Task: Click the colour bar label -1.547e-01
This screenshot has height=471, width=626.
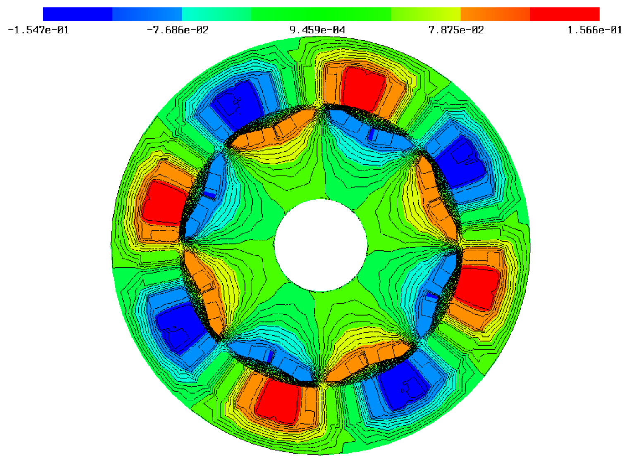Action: (38, 30)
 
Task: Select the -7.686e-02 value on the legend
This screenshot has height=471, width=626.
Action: (178, 30)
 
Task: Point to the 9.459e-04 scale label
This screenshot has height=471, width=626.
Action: (317, 30)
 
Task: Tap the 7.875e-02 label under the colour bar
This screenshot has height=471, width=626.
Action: (456, 30)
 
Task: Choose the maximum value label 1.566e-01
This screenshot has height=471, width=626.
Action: (595, 30)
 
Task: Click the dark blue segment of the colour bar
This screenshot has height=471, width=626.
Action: (78, 14)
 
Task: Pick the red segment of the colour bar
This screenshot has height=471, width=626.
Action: (564, 14)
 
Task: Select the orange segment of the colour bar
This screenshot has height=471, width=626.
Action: (495, 14)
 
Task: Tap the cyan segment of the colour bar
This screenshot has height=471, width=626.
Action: (217, 14)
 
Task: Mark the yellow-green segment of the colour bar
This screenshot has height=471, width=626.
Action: (425, 14)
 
